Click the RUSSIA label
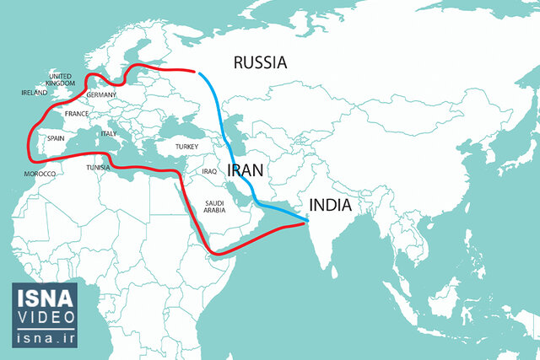(x=260, y=62)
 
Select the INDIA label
(x=335, y=205)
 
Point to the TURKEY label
(x=186, y=146)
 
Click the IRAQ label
(x=210, y=171)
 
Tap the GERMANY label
(x=101, y=95)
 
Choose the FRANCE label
(x=77, y=113)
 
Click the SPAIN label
(x=57, y=137)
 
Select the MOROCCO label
(x=40, y=174)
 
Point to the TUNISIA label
(x=99, y=167)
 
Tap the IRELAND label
(x=35, y=93)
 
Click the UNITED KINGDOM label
(x=60, y=80)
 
